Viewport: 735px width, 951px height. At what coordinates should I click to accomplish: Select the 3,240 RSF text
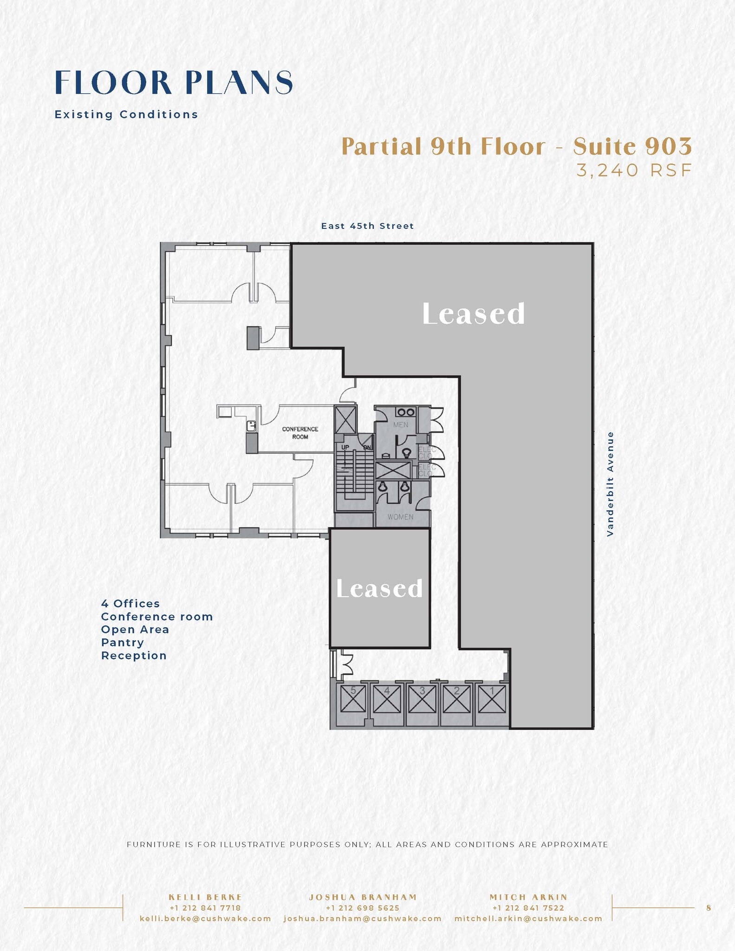click(634, 171)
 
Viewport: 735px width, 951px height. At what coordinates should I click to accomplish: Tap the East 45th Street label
click(367, 226)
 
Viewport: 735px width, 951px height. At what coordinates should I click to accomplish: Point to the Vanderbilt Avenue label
click(611, 484)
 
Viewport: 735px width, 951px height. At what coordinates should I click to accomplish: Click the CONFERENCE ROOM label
click(300, 433)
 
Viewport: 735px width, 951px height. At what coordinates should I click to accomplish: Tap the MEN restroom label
click(400, 424)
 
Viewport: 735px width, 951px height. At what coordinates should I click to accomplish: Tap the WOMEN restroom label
click(400, 517)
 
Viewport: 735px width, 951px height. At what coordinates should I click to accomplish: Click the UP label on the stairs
click(345, 447)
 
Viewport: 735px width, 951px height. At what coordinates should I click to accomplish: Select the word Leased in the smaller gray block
click(379, 588)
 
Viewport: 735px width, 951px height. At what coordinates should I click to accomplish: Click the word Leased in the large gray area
click(473, 314)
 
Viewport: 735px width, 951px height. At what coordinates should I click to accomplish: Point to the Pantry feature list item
click(123, 643)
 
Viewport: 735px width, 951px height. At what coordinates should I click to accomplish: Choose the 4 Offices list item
click(130, 604)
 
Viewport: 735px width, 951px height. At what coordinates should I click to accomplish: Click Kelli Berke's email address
click(205, 918)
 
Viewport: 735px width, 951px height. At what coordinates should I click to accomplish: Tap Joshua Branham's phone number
click(363, 908)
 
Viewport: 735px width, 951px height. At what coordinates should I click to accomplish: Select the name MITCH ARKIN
click(528, 897)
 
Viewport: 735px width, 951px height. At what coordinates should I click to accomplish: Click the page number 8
click(709, 908)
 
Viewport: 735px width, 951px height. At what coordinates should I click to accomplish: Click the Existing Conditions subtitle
click(126, 114)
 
